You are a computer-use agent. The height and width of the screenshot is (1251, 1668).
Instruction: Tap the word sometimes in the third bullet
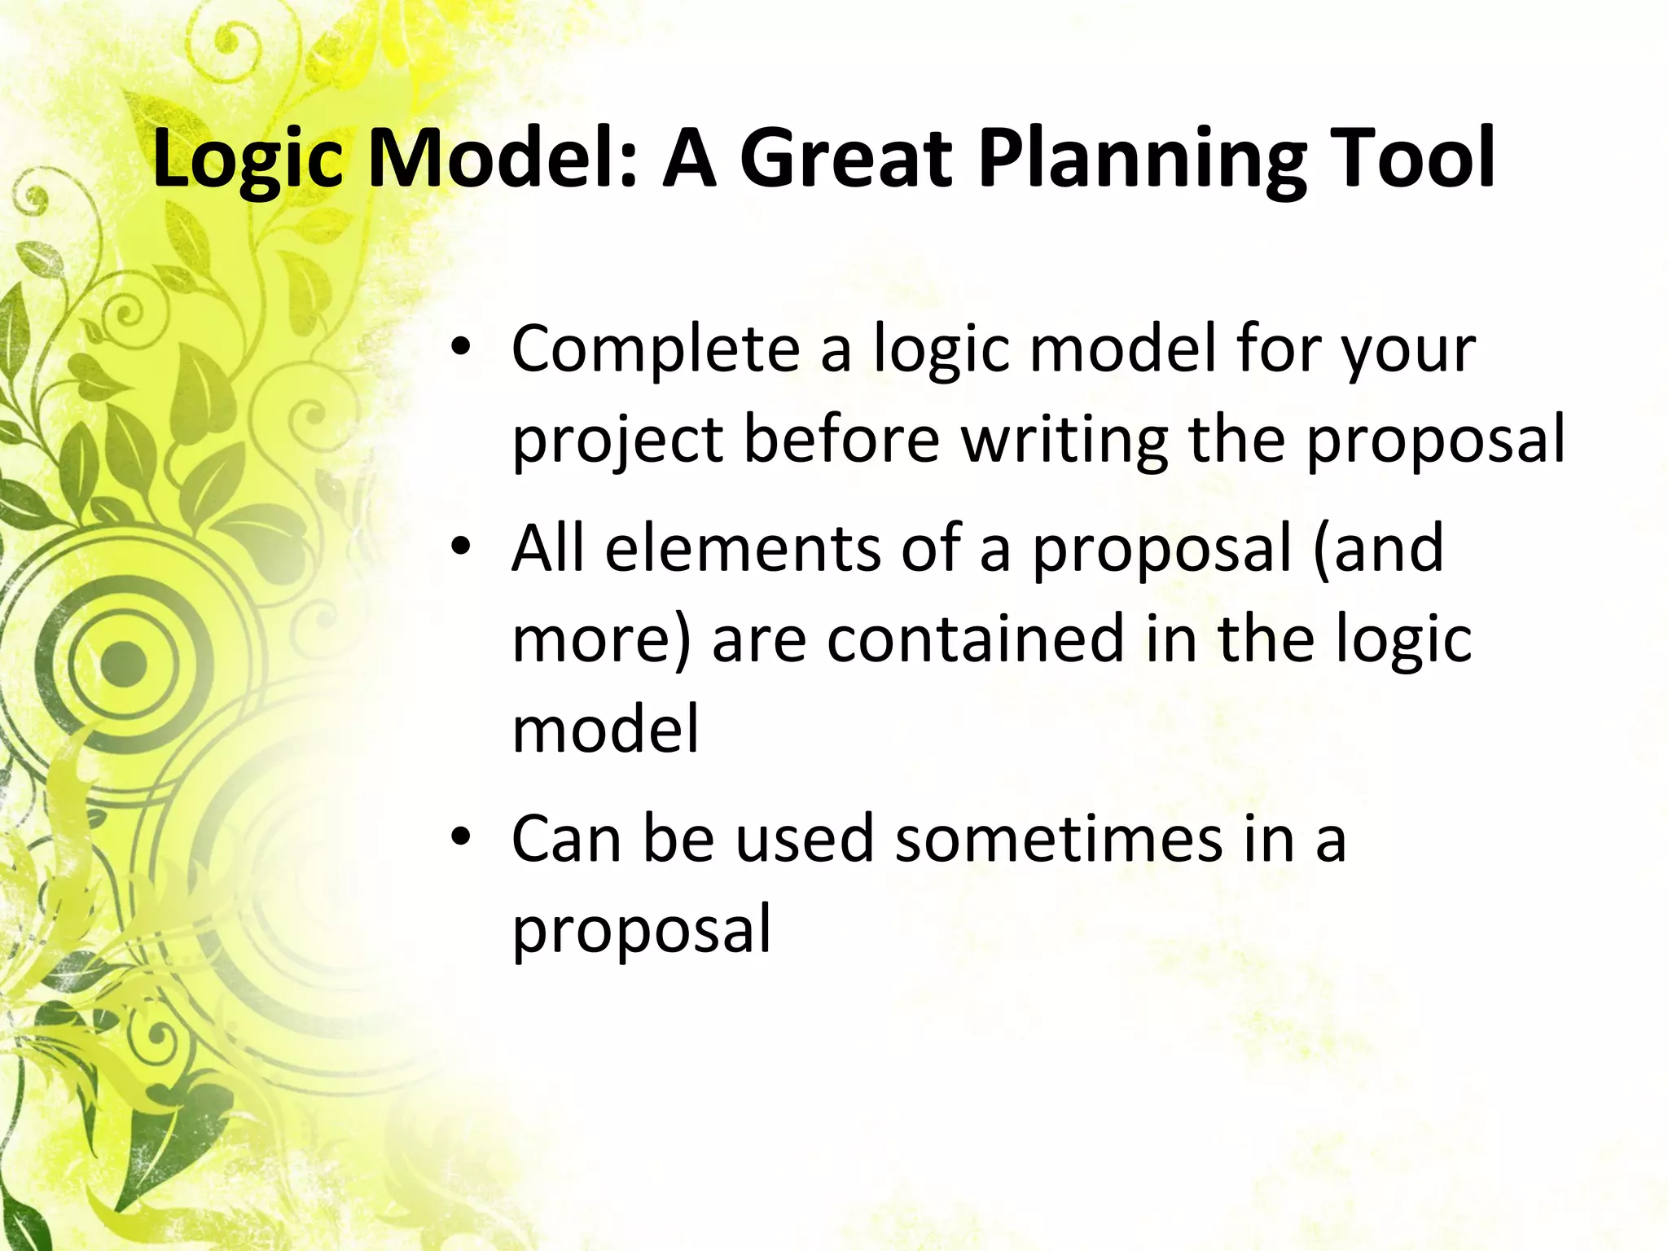1059,839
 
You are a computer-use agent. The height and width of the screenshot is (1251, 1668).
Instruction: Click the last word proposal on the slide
641,930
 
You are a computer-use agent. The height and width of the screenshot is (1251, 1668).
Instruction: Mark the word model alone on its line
605,728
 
